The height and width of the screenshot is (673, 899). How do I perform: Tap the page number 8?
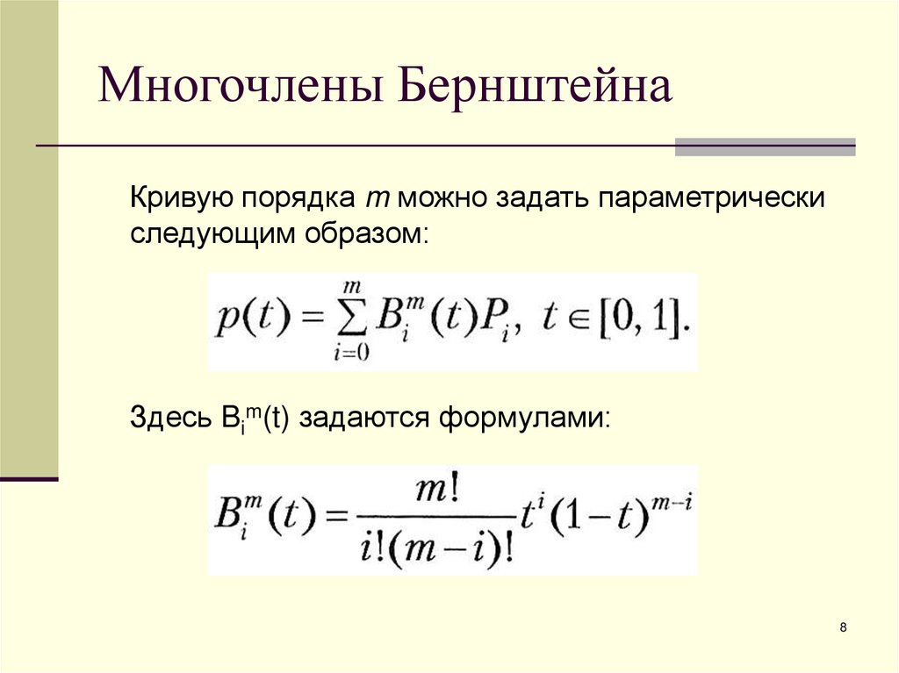pos(844,627)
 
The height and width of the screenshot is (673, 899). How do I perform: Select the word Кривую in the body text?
pos(180,197)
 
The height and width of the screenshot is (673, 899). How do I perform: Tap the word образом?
pos(368,234)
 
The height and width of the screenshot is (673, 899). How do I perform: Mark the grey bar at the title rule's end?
pos(765,147)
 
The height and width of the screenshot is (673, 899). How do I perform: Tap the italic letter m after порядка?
pos(372,199)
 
